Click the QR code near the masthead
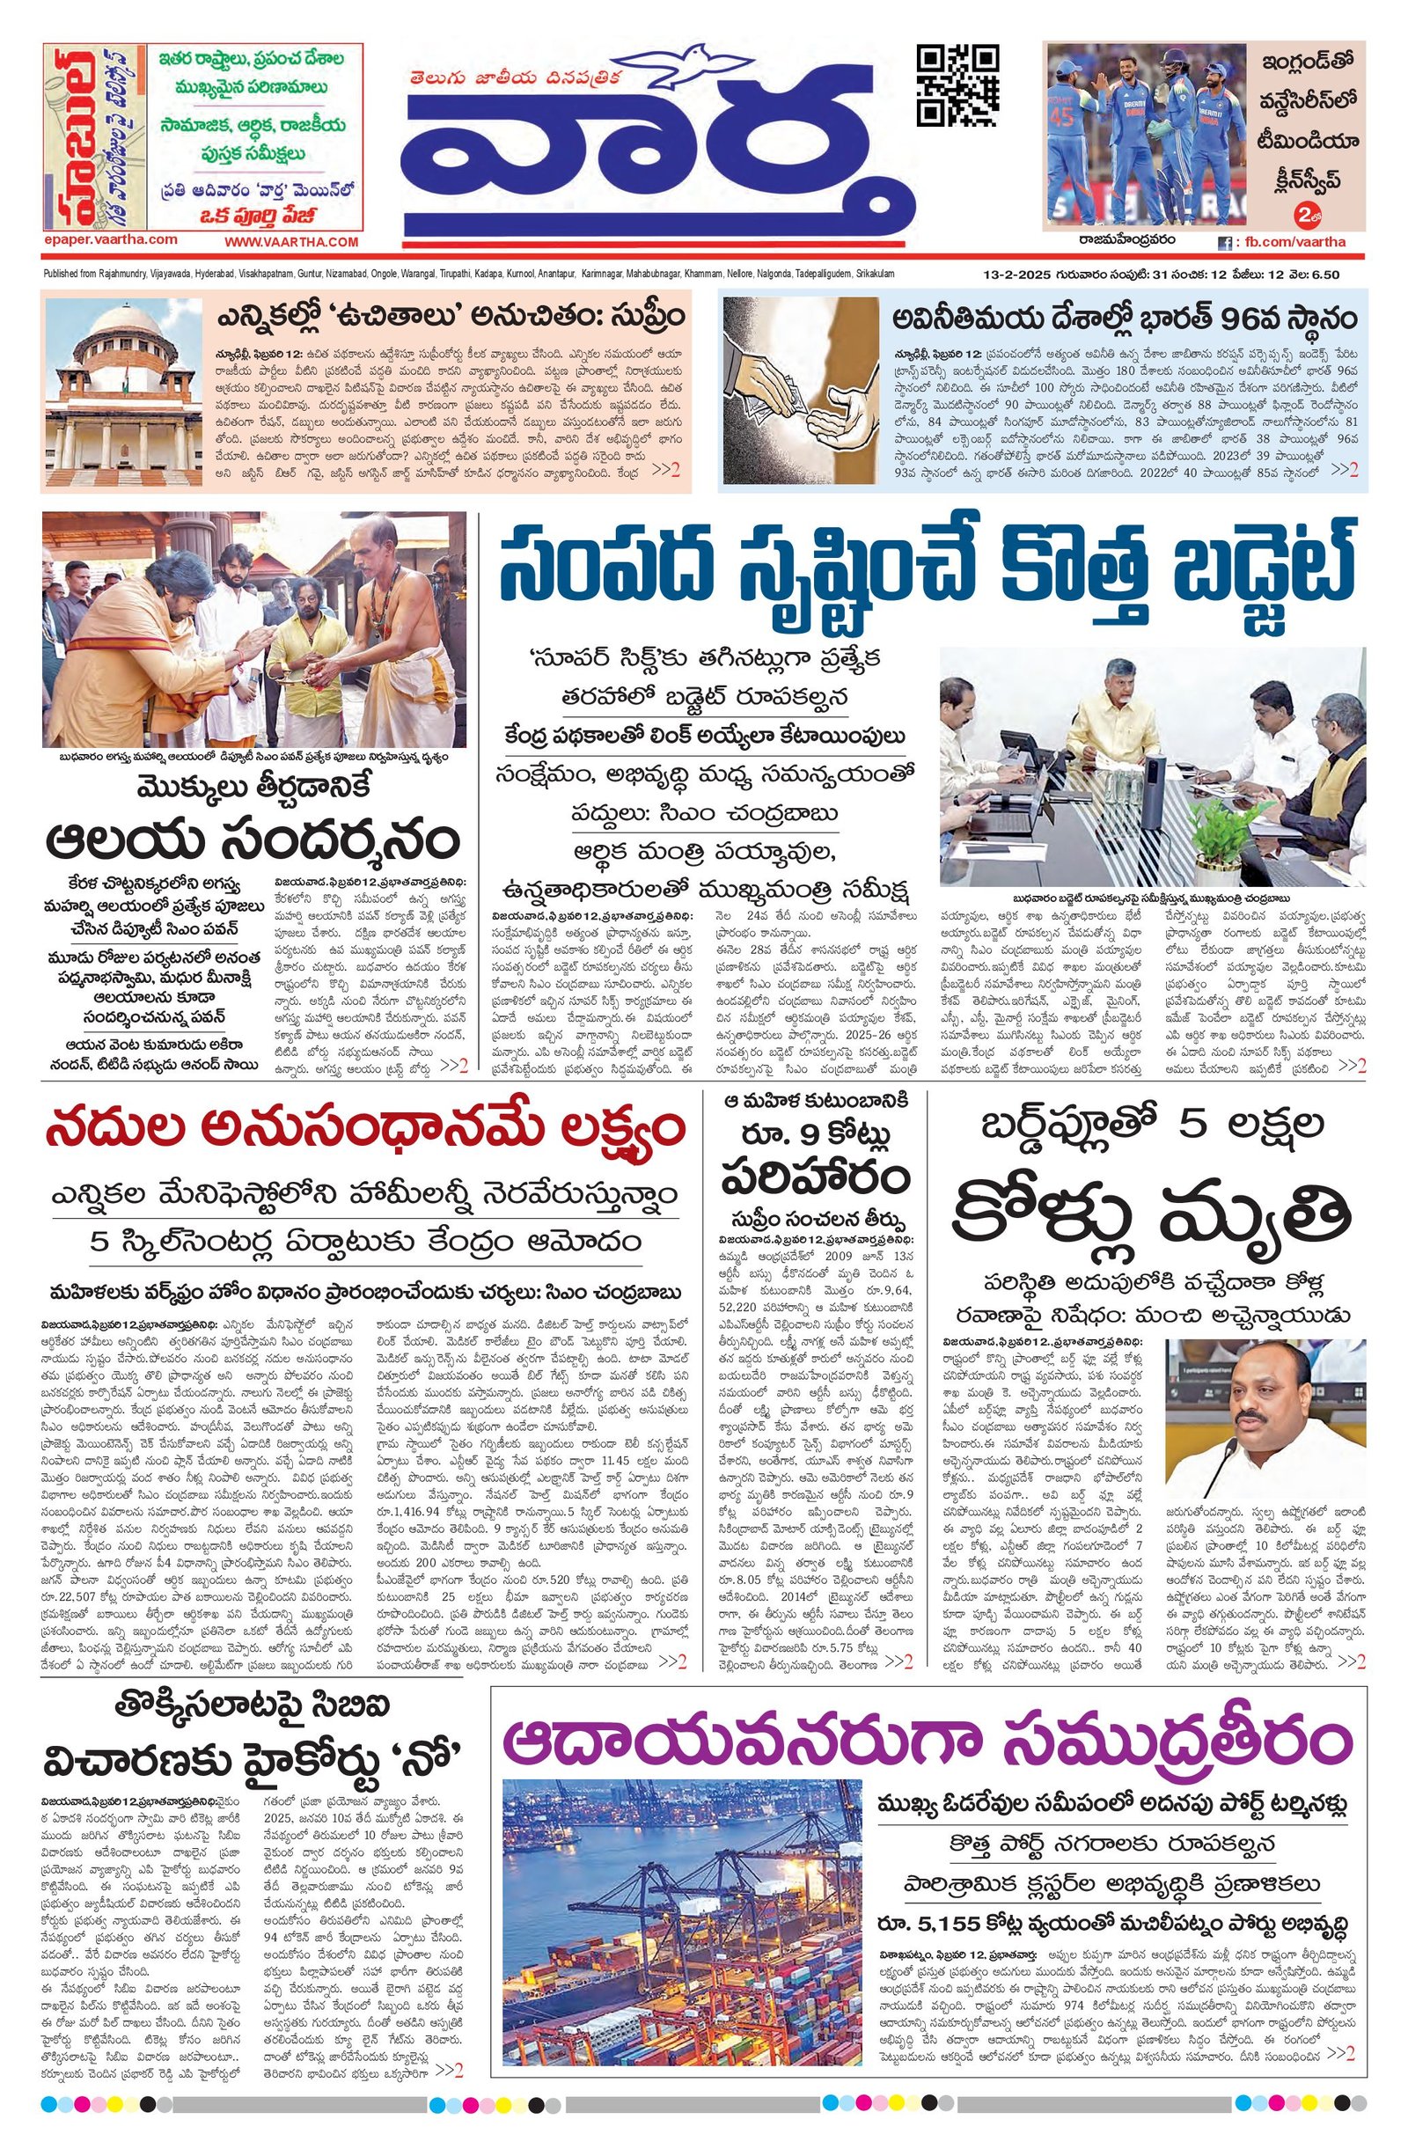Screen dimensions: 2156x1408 [958, 85]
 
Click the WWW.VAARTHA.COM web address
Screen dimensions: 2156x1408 [291, 242]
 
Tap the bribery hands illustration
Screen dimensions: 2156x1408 [803, 392]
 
